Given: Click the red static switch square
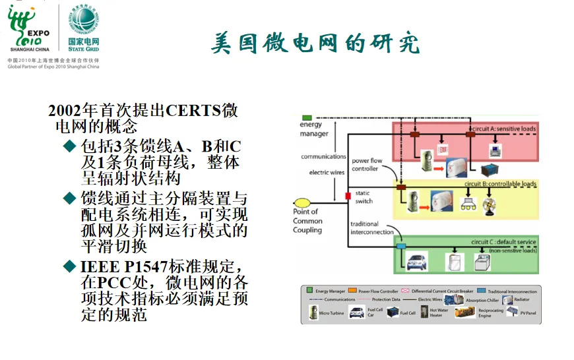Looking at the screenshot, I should [x=348, y=196].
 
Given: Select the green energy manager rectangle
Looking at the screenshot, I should [x=307, y=117].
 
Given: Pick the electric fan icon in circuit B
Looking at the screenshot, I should [x=489, y=205].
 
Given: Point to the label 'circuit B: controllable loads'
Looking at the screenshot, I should [x=500, y=183].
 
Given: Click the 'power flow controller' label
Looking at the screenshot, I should [x=367, y=164].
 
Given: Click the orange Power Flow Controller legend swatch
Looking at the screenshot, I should [x=354, y=290].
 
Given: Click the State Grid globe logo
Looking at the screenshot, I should [x=84, y=19].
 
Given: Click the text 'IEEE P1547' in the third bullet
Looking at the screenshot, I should [x=112, y=266].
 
